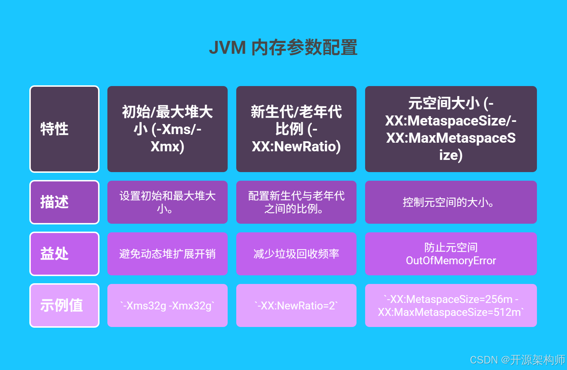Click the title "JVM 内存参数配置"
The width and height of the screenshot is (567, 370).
283,47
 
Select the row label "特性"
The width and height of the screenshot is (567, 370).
54,129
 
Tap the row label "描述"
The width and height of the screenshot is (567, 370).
54,202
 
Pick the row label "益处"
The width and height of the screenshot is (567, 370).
54,254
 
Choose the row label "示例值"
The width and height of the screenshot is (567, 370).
62,305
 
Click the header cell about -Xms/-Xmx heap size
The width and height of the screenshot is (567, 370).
168,129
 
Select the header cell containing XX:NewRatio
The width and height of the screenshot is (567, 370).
296,129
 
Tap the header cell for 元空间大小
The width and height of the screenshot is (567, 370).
451,129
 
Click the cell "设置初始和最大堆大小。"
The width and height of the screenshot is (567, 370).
168,202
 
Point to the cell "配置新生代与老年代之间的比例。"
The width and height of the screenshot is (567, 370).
296,202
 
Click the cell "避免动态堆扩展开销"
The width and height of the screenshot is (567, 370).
168,254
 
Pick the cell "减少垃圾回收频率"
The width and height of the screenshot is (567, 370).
296,254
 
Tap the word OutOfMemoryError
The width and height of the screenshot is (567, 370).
451,261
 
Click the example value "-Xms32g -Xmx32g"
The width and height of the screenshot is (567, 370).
168,305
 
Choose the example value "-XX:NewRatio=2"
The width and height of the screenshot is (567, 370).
296,305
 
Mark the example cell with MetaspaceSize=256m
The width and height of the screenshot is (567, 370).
451,299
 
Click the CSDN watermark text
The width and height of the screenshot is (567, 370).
517,360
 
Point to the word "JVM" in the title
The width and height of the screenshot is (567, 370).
227,48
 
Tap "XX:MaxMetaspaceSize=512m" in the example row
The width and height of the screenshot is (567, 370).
450,312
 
